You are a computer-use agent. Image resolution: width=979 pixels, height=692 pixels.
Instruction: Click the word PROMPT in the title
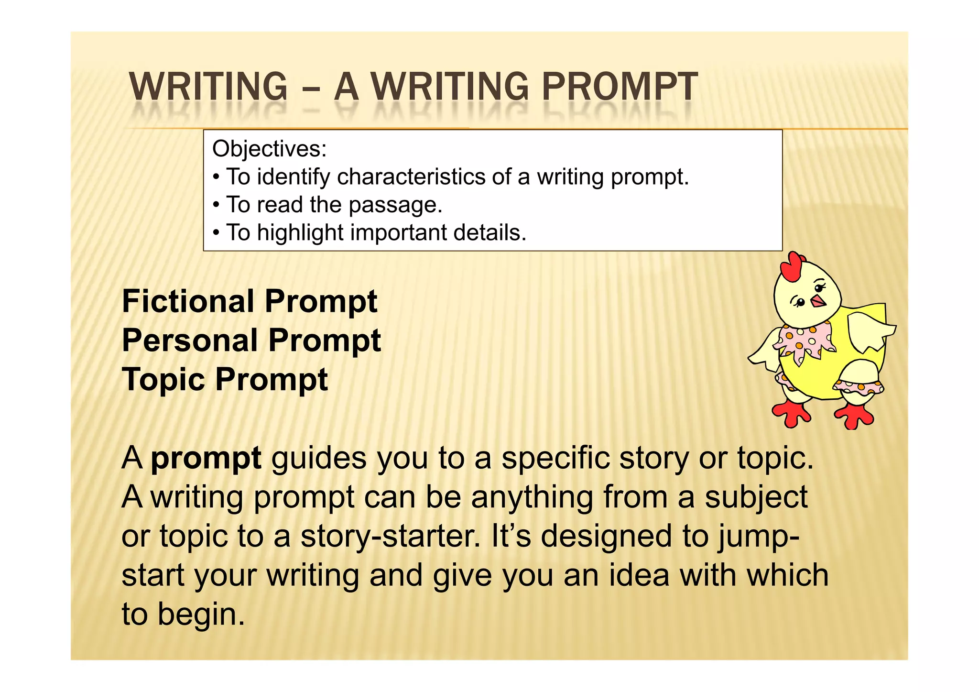click(620, 87)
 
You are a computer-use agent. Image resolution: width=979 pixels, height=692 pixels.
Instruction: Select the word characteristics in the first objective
click(412, 177)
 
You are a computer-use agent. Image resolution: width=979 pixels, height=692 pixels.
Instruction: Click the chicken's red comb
click(791, 267)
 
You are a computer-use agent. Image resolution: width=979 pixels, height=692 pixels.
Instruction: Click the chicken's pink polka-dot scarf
click(803, 341)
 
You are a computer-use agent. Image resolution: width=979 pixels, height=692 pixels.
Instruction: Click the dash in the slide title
click(311, 88)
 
